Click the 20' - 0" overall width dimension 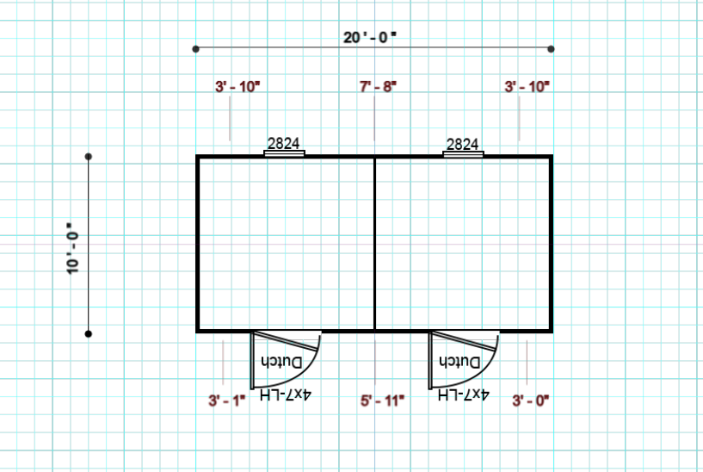[370, 37]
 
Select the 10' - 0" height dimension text [72, 248]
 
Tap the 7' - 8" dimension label [378, 86]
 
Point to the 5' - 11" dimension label [382, 401]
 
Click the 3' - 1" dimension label [227, 401]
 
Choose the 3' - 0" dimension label [531, 401]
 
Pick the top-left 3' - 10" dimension [237, 86]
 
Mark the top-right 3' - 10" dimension [527, 86]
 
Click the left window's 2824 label [283, 143]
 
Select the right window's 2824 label [462, 144]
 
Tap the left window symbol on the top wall [284, 153]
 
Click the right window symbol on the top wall [463, 154]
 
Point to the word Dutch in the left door [281, 362]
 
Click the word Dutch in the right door [459, 361]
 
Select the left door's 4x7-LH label [285, 394]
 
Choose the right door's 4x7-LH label [463, 394]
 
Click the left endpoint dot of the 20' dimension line [195, 49]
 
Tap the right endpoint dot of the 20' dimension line [551, 49]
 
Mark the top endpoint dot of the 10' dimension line [89, 157]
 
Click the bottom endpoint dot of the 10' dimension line [89, 334]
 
